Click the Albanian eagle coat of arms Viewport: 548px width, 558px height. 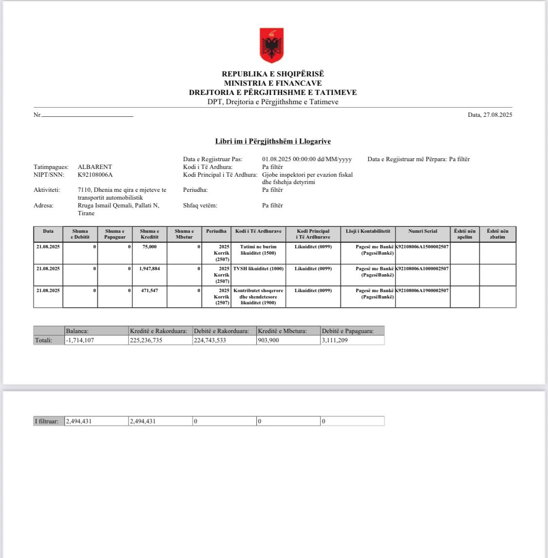point(271,45)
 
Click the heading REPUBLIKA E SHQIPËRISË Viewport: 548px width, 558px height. point(273,74)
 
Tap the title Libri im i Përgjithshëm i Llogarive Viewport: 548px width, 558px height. point(273,141)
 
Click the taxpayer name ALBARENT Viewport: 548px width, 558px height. point(94,167)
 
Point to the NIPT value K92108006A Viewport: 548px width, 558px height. point(95,175)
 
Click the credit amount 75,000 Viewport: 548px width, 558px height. point(149,247)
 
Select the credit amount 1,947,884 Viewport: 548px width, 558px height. point(149,269)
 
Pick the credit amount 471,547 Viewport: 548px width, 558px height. point(149,291)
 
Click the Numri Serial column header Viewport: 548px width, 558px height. point(422,231)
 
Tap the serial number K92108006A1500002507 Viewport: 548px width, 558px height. point(422,247)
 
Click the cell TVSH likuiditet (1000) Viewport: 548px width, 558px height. point(258,269)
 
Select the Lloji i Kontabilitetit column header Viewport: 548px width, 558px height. point(368,231)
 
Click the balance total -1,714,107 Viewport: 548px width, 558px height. point(79,340)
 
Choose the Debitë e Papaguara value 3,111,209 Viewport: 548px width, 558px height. point(335,340)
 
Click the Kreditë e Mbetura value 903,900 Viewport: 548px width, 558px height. point(268,340)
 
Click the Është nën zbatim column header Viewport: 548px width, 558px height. point(497,234)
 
